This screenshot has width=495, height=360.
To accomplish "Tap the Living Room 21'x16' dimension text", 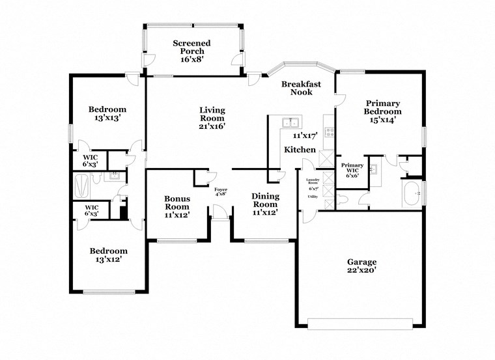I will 212,127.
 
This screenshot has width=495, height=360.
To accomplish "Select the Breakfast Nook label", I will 301,88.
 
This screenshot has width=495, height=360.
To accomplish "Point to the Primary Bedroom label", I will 382,107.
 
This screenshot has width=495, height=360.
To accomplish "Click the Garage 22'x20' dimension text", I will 361,271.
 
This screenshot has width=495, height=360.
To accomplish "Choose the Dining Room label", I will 265,201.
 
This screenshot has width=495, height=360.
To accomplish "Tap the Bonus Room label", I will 177,202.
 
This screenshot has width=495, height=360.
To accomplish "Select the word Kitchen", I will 300,150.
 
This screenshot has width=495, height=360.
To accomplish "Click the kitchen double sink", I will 290,122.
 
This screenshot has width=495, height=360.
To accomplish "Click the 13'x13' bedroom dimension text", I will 107,118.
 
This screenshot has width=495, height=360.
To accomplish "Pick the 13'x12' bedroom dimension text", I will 107,260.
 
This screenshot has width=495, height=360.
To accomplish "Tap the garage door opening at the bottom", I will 360,323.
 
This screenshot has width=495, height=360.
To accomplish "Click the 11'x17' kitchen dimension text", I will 304,136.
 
